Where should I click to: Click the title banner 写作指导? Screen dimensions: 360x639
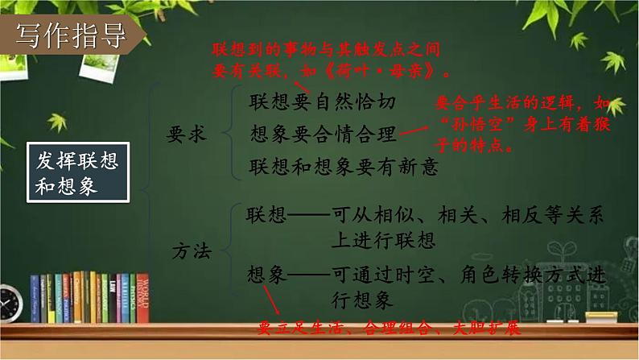pyautogui.click(x=72, y=35)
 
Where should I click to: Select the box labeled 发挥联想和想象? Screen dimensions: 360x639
pyautogui.click(x=77, y=172)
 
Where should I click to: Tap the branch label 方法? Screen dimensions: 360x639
pyautogui.click(x=191, y=252)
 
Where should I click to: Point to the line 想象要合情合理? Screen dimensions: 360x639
pyautogui.click(x=324, y=134)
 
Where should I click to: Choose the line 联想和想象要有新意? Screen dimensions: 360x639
pyautogui.click(x=344, y=166)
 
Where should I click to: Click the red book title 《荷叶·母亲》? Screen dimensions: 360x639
pyautogui.click(x=377, y=70)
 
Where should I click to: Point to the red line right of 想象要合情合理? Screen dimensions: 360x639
pyautogui.click(x=416, y=134)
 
